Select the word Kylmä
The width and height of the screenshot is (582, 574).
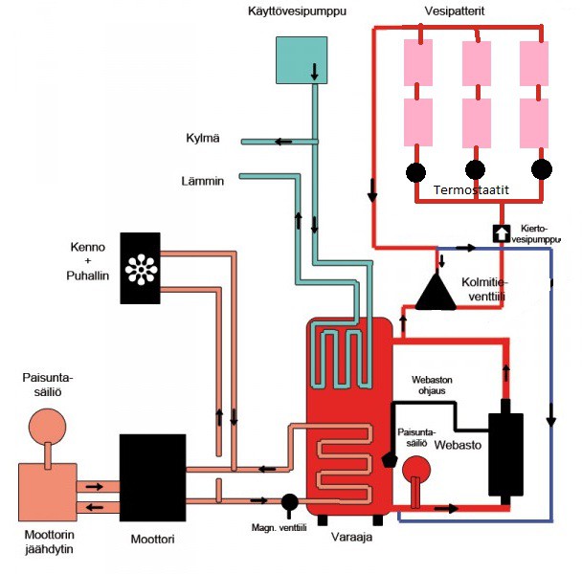click(x=203, y=139)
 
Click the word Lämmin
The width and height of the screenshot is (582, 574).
click(x=202, y=179)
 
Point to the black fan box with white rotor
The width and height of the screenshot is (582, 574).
click(x=142, y=269)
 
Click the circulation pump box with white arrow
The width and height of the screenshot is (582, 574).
click(x=501, y=233)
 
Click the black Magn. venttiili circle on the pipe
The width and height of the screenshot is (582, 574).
click(x=288, y=500)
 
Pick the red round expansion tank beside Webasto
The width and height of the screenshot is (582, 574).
click(x=414, y=470)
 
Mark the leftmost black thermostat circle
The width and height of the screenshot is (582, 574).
click(x=415, y=172)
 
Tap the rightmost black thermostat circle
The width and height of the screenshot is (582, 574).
click(x=542, y=170)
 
